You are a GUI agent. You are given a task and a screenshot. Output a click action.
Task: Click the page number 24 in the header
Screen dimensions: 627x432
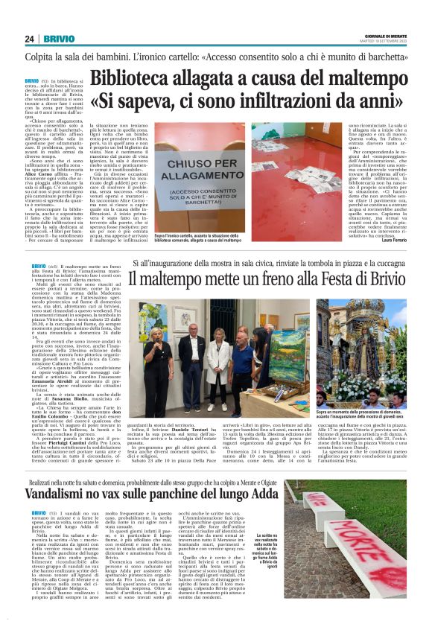coord(30,39)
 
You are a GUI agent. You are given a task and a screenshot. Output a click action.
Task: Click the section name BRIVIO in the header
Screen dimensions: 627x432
coord(59,39)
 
